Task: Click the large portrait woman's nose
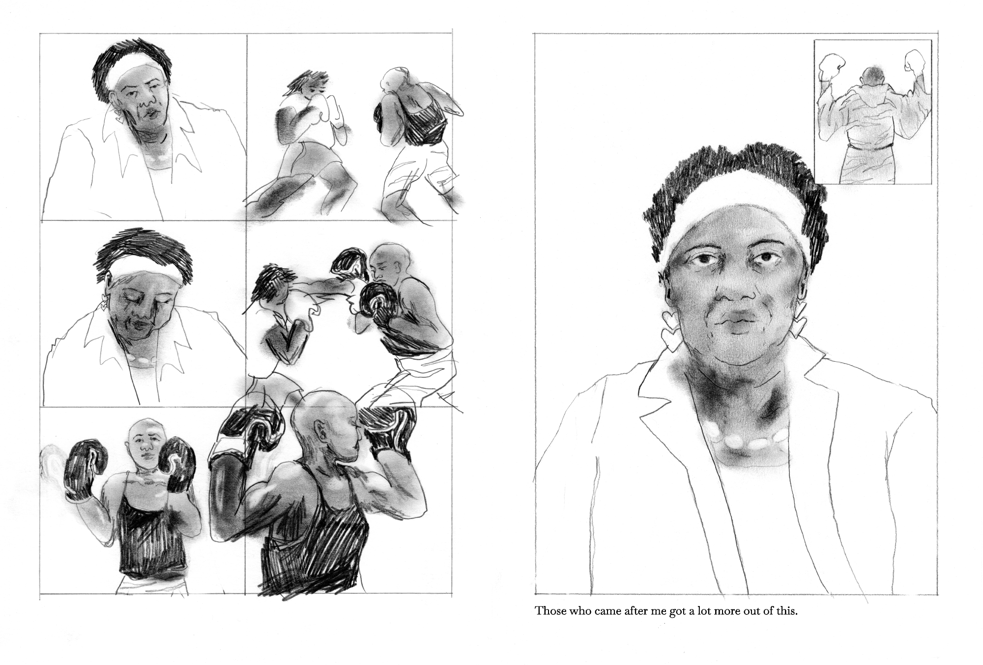732,290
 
